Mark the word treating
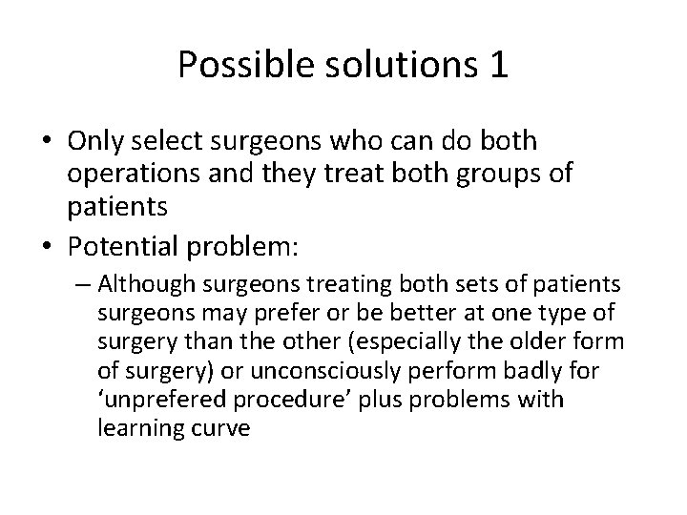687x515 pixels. tap(354, 284)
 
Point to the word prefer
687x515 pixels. tap(278, 313)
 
